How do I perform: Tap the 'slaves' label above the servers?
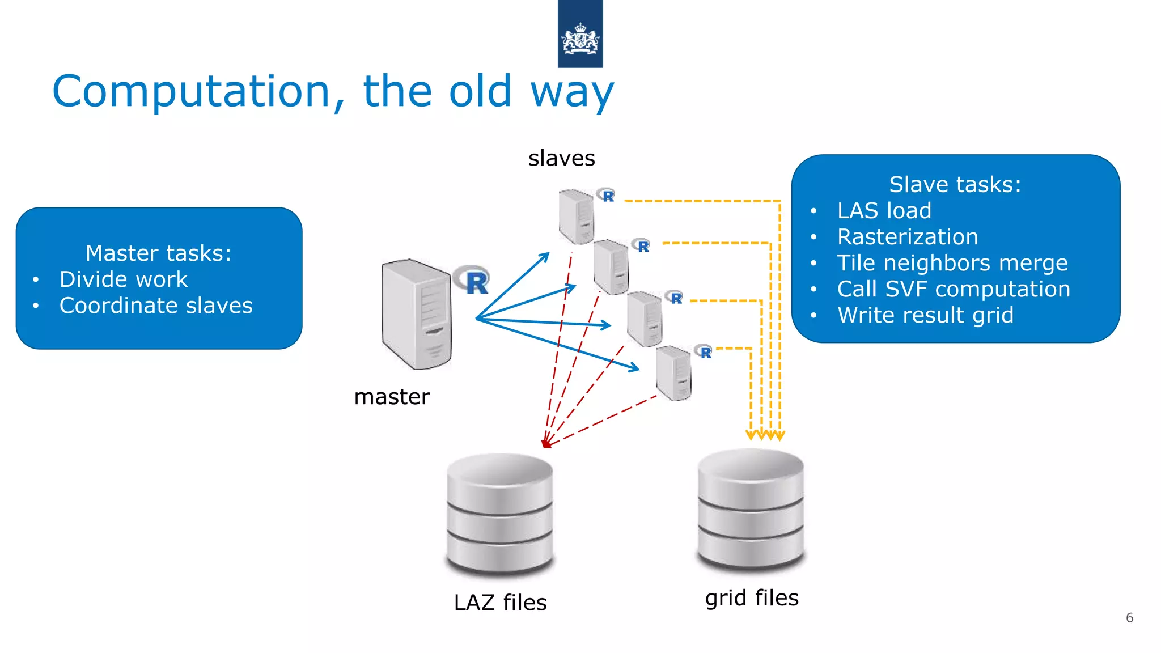[x=561, y=158]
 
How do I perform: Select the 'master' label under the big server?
[x=392, y=397]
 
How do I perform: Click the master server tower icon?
[x=417, y=315]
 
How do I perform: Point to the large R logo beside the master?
[x=473, y=280]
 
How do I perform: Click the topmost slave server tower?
[x=576, y=217]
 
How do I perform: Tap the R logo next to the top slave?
[x=607, y=196]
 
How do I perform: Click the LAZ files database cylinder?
[x=499, y=513]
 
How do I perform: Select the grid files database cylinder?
[x=751, y=508]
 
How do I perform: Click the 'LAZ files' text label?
[x=500, y=603]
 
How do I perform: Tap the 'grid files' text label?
[x=752, y=598]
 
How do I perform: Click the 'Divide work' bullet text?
[x=124, y=279]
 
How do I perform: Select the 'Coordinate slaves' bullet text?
[x=156, y=306]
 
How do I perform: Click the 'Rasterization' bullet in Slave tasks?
[x=908, y=237]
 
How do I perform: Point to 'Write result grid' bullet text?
[x=925, y=315]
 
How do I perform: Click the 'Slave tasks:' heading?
[x=955, y=185]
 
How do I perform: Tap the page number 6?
[x=1129, y=618]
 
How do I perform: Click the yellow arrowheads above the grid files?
[x=765, y=435]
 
